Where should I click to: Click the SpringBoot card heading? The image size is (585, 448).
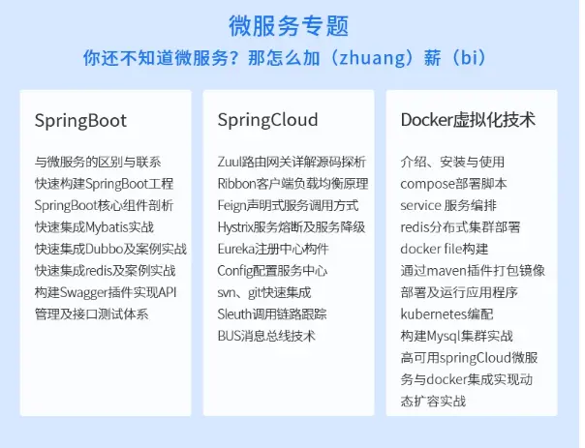(80, 121)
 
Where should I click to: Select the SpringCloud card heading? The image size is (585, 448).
(268, 121)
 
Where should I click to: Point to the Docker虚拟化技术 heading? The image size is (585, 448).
(468, 121)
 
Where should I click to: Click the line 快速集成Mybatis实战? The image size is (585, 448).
(94, 226)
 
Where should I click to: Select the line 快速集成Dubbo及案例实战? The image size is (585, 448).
(110, 249)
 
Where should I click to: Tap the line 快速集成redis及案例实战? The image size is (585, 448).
(105, 270)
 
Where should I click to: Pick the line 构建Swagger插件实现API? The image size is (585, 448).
(105, 292)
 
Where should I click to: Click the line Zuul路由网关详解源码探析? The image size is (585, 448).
(292, 162)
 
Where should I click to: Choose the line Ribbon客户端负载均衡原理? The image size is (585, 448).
(292, 183)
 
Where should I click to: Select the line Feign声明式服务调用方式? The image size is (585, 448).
(288, 205)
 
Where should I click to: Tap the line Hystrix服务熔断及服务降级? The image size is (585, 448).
(292, 226)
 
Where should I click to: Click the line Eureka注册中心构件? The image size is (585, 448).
(272, 249)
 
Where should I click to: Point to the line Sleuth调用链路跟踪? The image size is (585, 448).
(272, 314)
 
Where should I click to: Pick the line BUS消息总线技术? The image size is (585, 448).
(266, 336)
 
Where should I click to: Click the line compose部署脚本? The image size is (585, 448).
(453, 183)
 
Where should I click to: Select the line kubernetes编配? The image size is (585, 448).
(446, 314)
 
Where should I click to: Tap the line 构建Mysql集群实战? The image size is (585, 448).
(456, 336)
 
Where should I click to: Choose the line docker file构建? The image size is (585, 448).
(444, 249)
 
